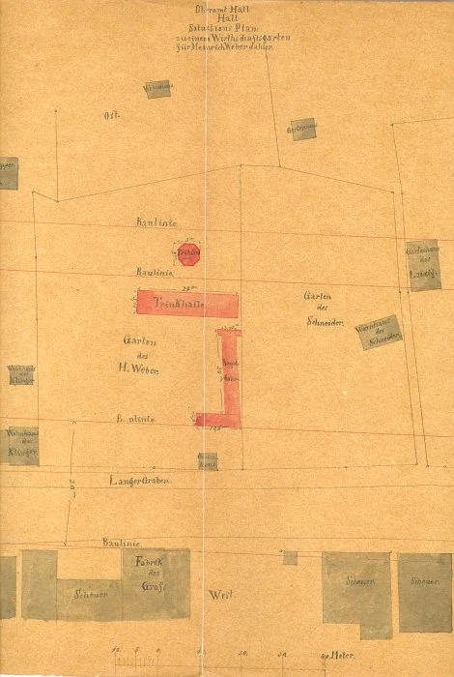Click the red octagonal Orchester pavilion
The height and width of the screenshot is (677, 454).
[187, 255]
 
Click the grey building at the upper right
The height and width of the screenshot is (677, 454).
[302, 128]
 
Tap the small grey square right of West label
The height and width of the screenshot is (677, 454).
[290, 558]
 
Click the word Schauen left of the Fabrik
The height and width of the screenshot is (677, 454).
[89, 595]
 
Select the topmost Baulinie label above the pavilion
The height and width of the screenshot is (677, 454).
[154, 222]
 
